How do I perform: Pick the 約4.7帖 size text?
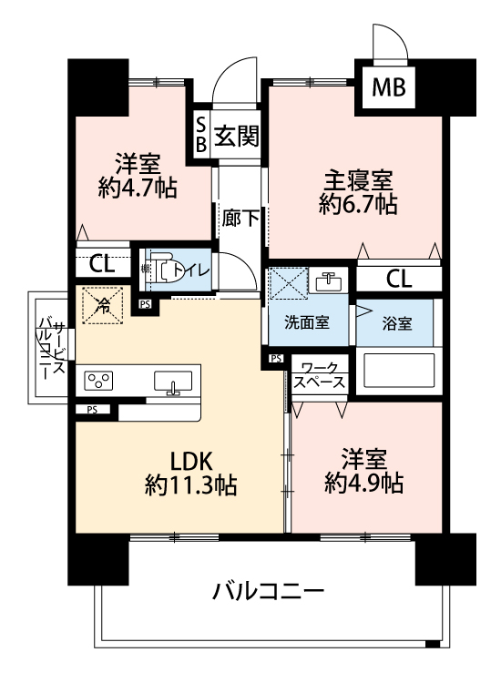point(138,189)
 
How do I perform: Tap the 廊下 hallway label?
point(241,219)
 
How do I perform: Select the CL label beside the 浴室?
point(399,279)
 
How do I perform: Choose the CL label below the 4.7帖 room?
point(101,264)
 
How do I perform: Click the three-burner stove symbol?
point(97,381)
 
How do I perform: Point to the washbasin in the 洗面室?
point(329,281)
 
